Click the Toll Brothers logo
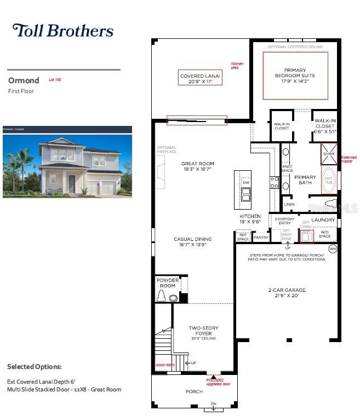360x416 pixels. coord(62,30)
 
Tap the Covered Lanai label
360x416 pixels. coord(201,79)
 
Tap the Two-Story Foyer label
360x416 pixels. coord(203,333)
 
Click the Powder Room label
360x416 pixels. coord(168,283)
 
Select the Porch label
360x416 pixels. coord(194,391)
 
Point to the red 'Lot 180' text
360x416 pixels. coord(55,80)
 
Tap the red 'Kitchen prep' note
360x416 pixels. coord(237,66)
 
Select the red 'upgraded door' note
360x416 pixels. coord(214,382)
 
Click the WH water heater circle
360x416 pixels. coord(332,249)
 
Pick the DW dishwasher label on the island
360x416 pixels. coord(246,182)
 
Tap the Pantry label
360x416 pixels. coord(261,238)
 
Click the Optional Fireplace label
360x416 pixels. coord(167,149)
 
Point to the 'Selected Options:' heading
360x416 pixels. coord(35,366)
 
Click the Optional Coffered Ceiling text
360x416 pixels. coord(295,47)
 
